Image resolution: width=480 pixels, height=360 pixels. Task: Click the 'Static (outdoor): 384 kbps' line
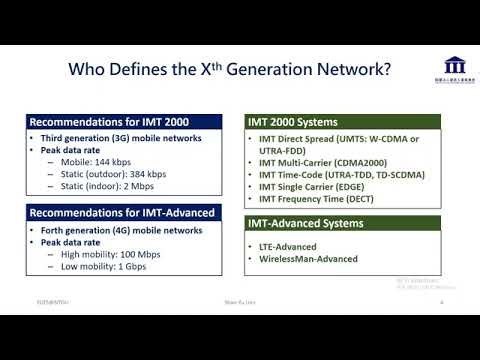click(118, 175)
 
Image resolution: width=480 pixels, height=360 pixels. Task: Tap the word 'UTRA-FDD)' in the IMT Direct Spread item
click(283, 150)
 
